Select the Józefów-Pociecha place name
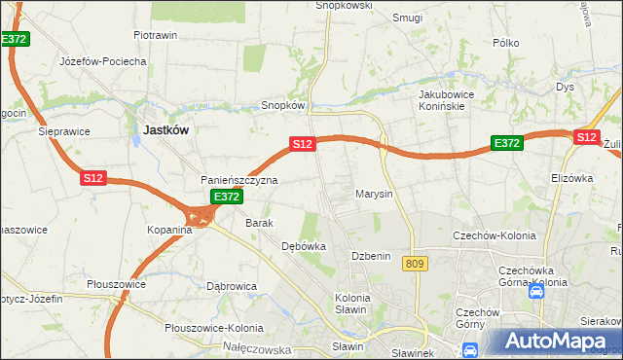tap(102, 60)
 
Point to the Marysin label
tap(374, 194)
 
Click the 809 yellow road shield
tap(418, 265)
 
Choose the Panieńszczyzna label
tap(239, 180)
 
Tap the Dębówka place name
tap(303, 246)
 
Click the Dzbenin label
tap(371, 256)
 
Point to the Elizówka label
tap(571, 178)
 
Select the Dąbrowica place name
tap(232, 286)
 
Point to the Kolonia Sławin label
tap(351, 303)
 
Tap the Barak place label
tap(259, 223)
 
